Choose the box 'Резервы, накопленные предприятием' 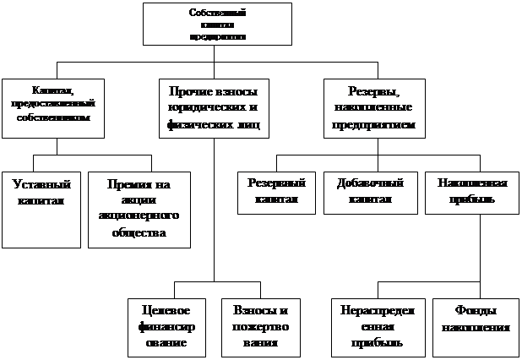tap(373, 107)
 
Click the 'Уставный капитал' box tap(41, 210)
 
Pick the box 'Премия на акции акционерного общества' tap(139, 210)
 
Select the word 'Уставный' tap(41, 184)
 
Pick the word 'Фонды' tap(473, 310)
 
